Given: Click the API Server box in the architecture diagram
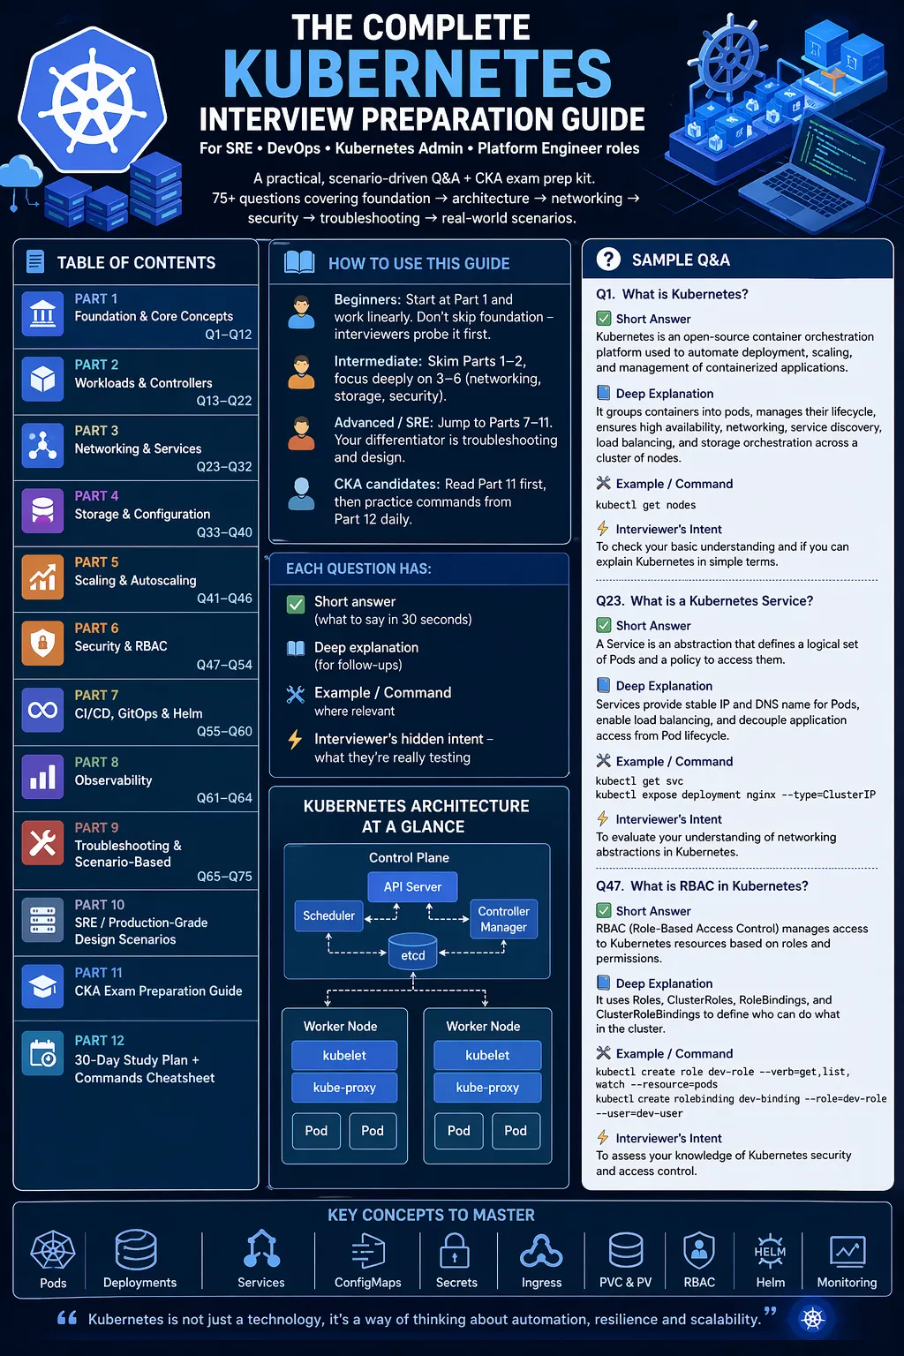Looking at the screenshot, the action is click(x=412, y=886).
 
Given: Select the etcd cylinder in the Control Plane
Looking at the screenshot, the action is click(x=412, y=951).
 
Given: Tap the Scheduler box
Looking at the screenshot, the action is click(x=328, y=915).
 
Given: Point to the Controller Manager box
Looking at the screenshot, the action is click(x=504, y=919).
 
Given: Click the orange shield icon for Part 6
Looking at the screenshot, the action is click(x=42, y=643).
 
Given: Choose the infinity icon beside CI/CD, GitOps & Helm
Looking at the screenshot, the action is click(x=42, y=710).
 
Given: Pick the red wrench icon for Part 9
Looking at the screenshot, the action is click(x=42, y=843).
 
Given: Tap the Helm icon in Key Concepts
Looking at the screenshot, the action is click(x=770, y=1251).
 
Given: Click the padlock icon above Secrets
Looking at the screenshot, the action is click(x=455, y=1251).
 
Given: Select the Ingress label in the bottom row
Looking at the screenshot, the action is click(x=541, y=1282).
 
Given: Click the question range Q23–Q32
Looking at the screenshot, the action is click(x=224, y=466).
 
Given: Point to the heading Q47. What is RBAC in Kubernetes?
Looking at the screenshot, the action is click(x=702, y=885).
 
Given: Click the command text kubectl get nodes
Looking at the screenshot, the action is click(x=645, y=505).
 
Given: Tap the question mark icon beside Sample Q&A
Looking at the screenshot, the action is click(x=608, y=259).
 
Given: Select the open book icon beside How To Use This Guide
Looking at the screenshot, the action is click(x=299, y=263).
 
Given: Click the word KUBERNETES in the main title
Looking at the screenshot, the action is click(x=418, y=73).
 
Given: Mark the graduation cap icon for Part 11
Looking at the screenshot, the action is click(x=42, y=986).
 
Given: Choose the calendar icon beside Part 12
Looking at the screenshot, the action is click(x=42, y=1052).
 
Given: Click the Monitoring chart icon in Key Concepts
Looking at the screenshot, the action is click(x=847, y=1252).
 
